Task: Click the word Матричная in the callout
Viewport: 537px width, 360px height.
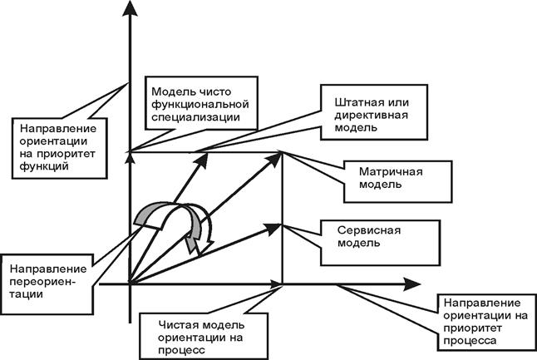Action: click(x=391, y=171)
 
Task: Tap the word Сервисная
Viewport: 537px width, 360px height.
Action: click(x=369, y=230)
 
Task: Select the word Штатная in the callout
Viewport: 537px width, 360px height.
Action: click(x=356, y=102)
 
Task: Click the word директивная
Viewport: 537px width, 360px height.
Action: click(x=371, y=115)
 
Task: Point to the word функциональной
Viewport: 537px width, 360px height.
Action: click(x=200, y=104)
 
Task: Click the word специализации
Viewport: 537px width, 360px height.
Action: click(x=195, y=117)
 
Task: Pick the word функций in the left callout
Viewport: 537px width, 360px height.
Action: click(x=44, y=166)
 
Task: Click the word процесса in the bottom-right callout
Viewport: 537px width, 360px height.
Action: click(x=470, y=341)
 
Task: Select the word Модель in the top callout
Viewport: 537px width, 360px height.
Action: click(x=170, y=91)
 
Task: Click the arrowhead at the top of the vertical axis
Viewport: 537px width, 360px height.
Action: click(x=130, y=8)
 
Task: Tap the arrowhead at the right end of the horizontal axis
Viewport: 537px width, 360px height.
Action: click(x=411, y=284)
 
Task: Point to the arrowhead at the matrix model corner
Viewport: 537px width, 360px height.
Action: click(x=274, y=159)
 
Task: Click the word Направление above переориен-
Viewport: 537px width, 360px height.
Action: click(x=48, y=269)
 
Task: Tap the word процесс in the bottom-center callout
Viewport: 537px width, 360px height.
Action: click(x=181, y=350)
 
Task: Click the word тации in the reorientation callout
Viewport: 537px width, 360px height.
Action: click(x=26, y=294)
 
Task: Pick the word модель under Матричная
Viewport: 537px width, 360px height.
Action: click(x=380, y=185)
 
